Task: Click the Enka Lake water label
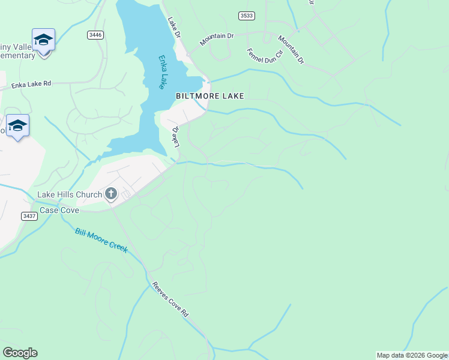coord(162,72)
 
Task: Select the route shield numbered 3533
coord(246,16)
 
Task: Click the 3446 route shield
coord(95,35)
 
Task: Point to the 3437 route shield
coord(28,216)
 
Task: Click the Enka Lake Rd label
coord(32,85)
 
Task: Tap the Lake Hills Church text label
coord(69,194)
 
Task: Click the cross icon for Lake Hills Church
coord(110,193)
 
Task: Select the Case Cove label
coord(59,211)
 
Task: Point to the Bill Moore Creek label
coord(101,240)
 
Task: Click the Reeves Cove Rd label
coord(170,299)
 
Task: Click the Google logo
coord(20,353)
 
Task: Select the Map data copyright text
coord(412,355)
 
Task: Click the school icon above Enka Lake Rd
coord(43,40)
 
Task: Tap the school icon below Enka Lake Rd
coord(17,125)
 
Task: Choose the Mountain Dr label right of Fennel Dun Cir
coord(291,50)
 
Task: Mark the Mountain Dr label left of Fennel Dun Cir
coord(217,40)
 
